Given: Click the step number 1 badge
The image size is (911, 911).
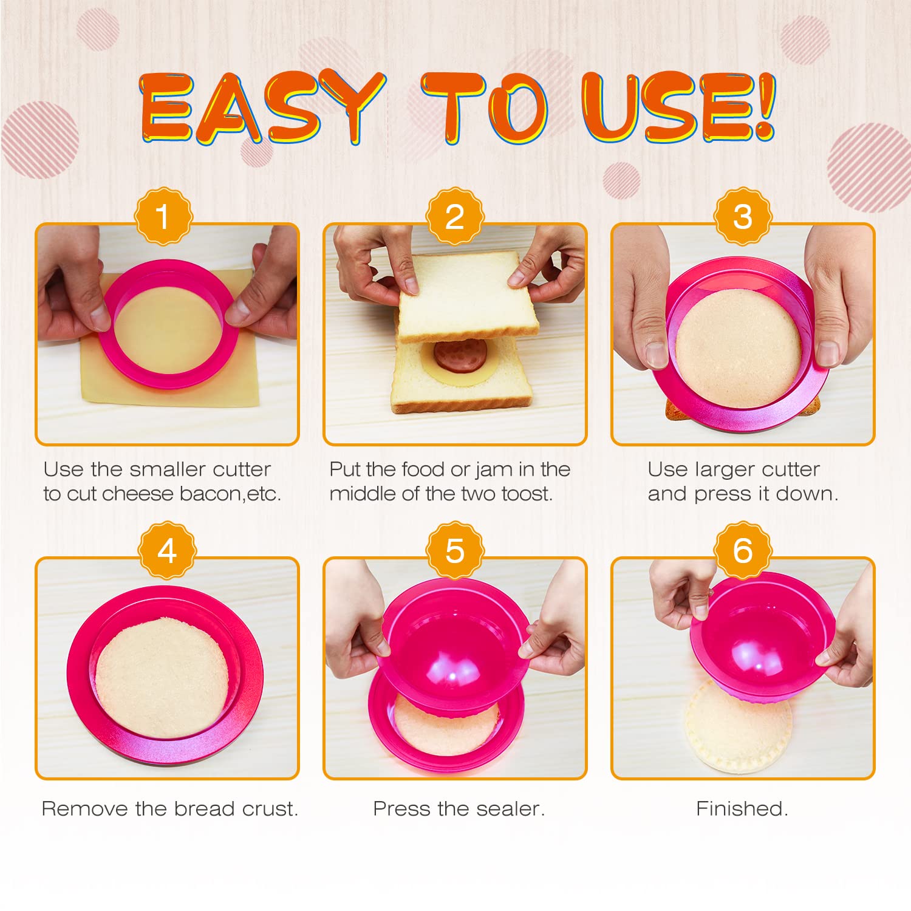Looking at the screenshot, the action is click(163, 216).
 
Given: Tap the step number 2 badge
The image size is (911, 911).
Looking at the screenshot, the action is click(455, 216).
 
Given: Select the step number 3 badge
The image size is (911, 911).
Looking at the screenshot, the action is click(743, 216).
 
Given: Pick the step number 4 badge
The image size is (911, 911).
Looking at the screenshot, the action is click(167, 551).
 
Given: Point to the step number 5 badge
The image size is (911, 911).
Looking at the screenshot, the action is click(455, 551).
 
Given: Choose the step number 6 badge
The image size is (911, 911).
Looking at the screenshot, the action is click(743, 551).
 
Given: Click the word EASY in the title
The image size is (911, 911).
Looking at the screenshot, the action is click(262, 108).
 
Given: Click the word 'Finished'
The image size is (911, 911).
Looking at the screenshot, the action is click(742, 809).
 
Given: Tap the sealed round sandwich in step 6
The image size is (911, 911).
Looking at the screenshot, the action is click(738, 729).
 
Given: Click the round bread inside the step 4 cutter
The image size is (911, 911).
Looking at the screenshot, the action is click(162, 677).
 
